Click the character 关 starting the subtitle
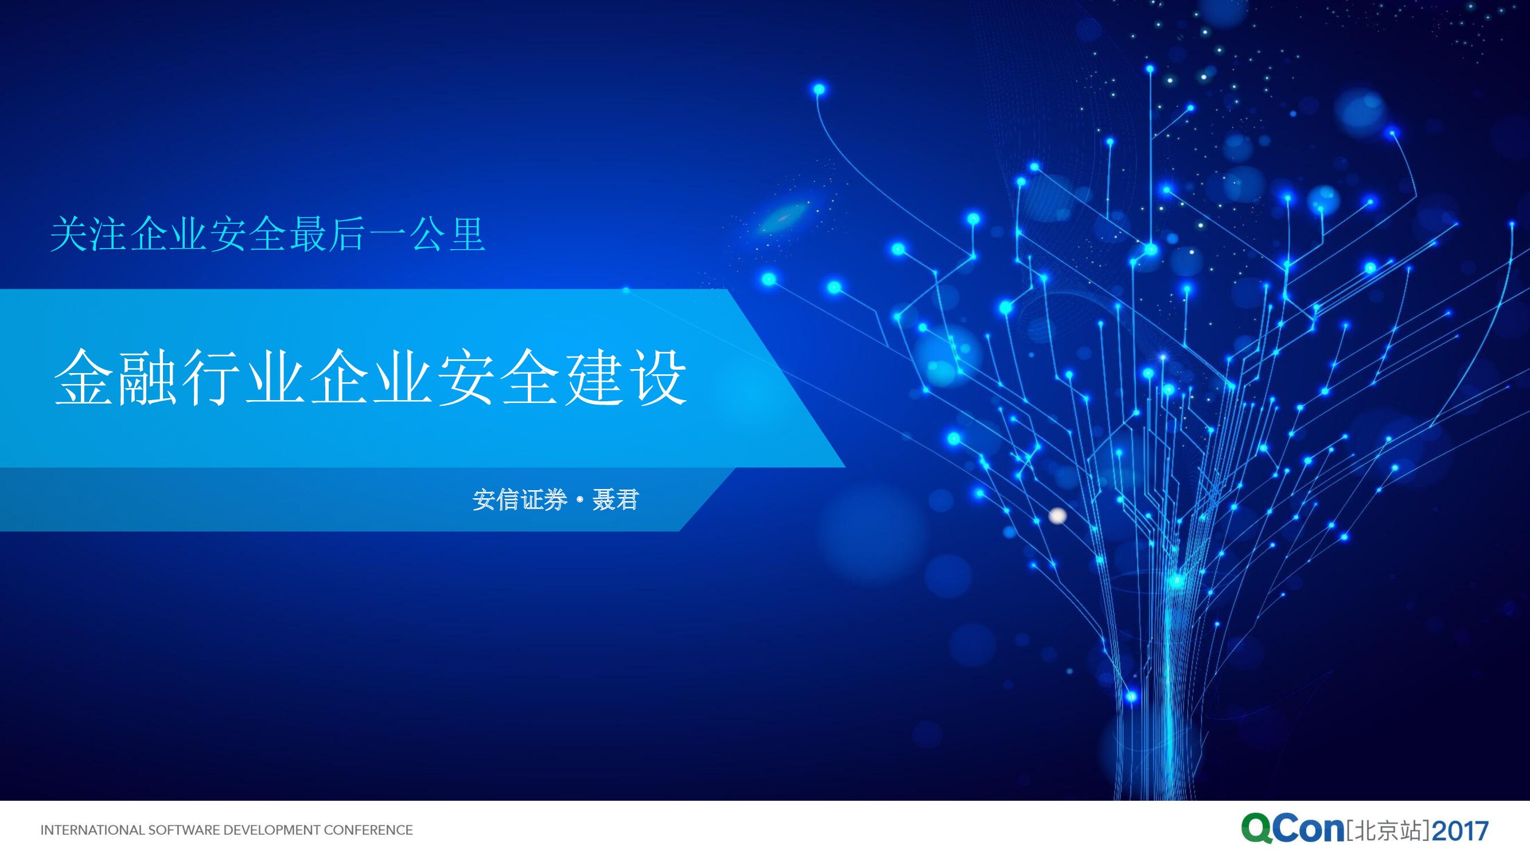point(69,234)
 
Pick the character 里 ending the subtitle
point(468,234)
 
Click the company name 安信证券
point(520,500)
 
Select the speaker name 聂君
point(615,500)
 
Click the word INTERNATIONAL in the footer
point(92,830)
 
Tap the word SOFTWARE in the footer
point(177,830)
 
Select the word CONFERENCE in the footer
point(368,830)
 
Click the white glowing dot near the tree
point(1057,516)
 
